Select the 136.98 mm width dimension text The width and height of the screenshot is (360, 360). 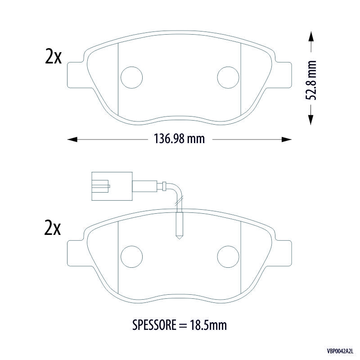[x=179, y=139]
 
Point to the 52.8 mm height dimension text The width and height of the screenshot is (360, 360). [x=311, y=81]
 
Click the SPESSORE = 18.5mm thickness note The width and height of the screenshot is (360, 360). [x=180, y=325]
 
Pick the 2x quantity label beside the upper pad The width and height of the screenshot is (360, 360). [x=53, y=56]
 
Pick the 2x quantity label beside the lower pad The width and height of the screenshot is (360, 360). [x=53, y=228]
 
